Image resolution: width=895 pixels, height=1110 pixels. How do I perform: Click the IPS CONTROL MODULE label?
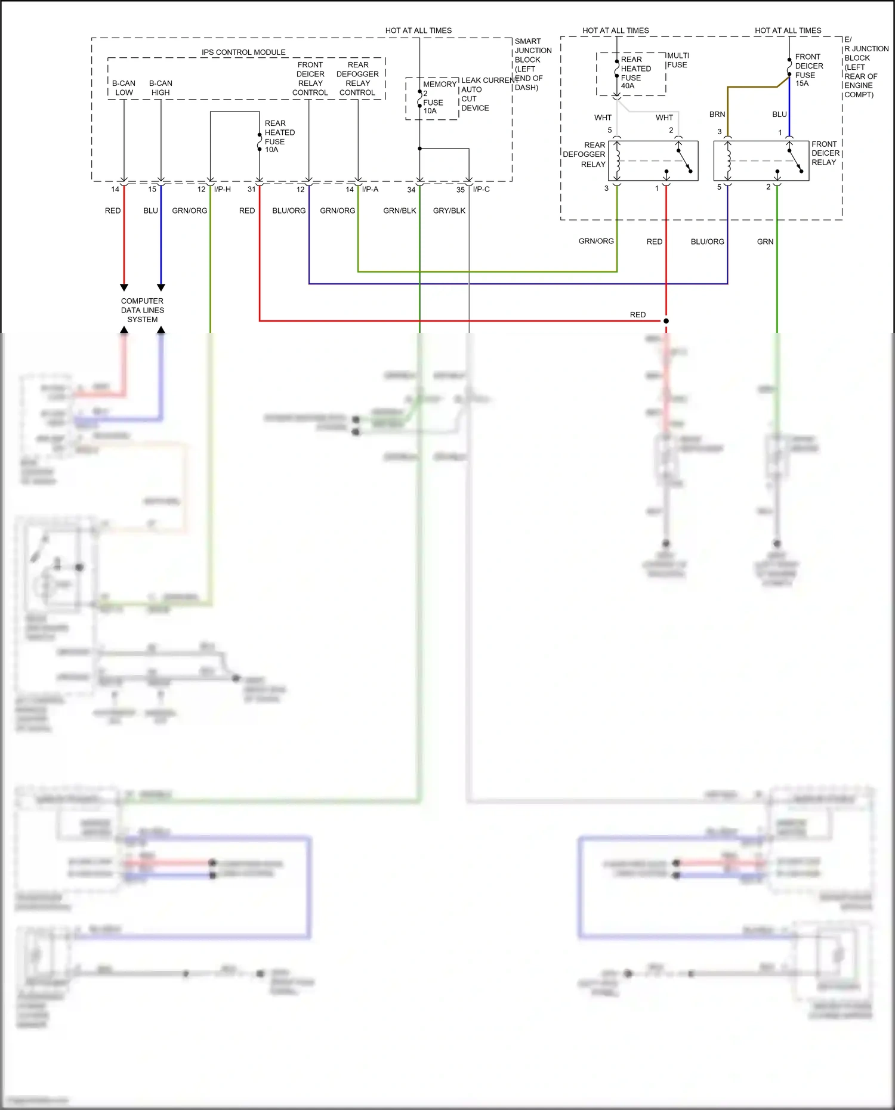click(x=243, y=52)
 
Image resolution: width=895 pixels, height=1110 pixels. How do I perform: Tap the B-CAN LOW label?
click(x=124, y=88)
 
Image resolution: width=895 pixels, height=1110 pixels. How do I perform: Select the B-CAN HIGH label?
click(x=161, y=88)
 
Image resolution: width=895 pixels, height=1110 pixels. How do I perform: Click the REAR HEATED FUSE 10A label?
click(x=279, y=137)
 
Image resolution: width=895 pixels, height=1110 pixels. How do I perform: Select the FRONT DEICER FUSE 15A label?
click(x=808, y=70)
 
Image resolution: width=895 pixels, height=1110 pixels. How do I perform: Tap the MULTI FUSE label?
click(x=677, y=60)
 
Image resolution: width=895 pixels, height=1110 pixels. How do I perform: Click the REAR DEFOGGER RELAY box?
click(x=653, y=160)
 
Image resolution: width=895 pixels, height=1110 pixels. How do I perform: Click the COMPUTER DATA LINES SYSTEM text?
click(x=142, y=310)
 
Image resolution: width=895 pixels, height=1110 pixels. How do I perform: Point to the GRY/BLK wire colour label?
click(x=449, y=211)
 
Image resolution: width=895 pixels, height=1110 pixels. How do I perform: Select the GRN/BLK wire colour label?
click(x=399, y=211)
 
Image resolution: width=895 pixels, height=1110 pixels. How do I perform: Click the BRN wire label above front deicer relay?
click(x=717, y=115)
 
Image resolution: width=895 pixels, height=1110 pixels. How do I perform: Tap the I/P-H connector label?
click(x=222, y=189)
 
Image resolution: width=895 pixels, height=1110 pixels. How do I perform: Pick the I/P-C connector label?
click(x=481, y=189)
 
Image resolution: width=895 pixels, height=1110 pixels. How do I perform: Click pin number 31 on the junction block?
click(x=251, y=189)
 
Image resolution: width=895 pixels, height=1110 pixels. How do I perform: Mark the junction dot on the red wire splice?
click(x=666, y=321)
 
